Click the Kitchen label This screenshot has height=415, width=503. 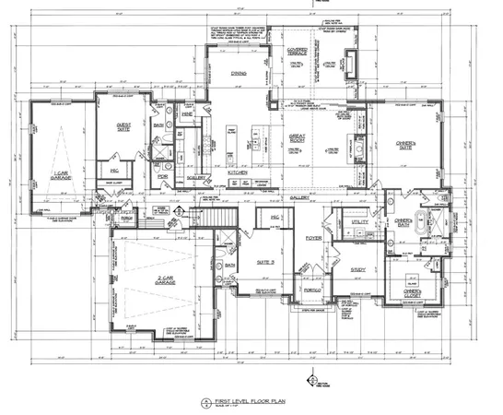tap(239, 172)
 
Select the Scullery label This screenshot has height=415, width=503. tap(195, 178)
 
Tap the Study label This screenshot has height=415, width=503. tap(357, 269)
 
